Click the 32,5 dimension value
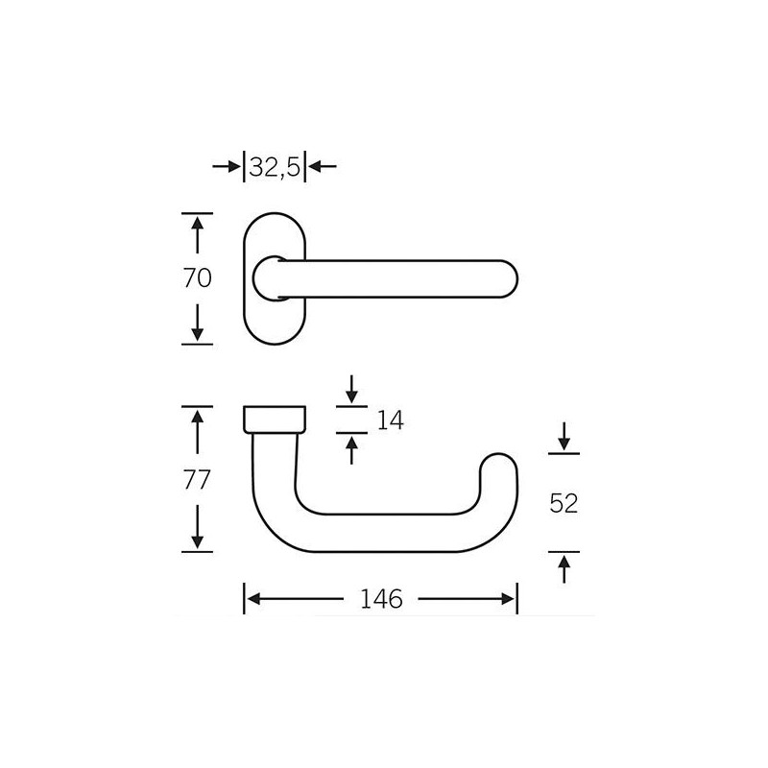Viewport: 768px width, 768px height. [x=275, y=168]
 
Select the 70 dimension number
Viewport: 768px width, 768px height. [x=198, y=278]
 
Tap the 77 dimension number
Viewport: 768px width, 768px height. [x=198, y=479]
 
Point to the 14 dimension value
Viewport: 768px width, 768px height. [x=391, y=420]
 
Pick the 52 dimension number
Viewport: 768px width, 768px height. [x=564, y=503]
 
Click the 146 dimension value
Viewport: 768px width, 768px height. [x=381, y=599]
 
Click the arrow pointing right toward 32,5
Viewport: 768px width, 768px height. [x=228, y=167]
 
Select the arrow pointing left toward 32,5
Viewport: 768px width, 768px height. [x=323, y=167]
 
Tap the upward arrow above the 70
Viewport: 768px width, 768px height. [x=198, y=235]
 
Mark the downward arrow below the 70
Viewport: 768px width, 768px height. [x=198, y=323]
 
